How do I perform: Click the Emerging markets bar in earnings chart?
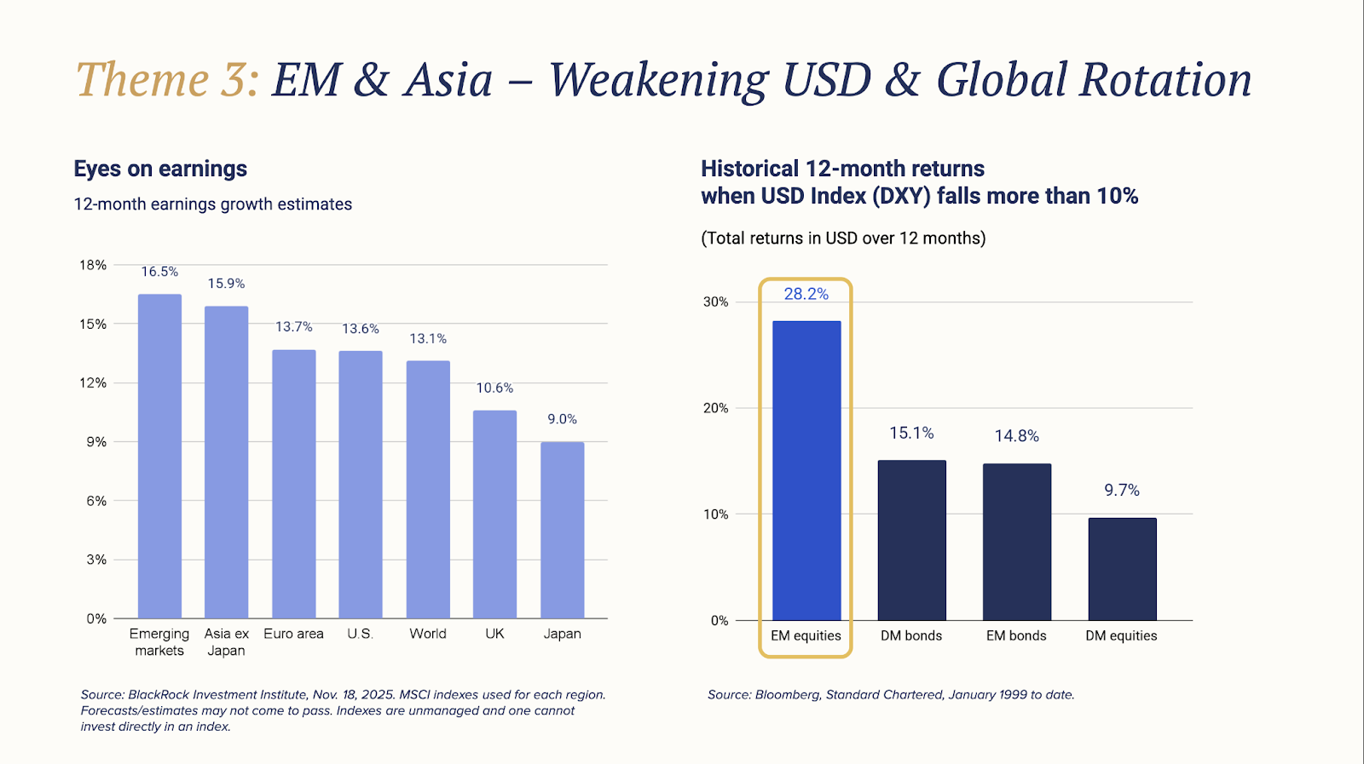159,456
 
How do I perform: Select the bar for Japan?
562,530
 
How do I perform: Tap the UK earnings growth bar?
494,514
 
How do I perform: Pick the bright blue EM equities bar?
806,470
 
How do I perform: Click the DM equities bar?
1122,569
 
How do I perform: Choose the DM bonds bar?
911,540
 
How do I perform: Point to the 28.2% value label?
806,294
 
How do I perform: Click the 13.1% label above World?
428,339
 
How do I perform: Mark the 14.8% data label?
1016,436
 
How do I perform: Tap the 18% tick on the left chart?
93,265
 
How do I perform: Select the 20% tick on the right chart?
715,408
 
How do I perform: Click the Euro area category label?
293,634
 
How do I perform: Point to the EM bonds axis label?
1016,635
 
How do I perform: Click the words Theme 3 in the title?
167,80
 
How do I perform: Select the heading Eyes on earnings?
160,169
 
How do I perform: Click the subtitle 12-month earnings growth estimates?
212,204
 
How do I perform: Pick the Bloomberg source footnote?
891,695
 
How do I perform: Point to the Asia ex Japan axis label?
226,642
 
